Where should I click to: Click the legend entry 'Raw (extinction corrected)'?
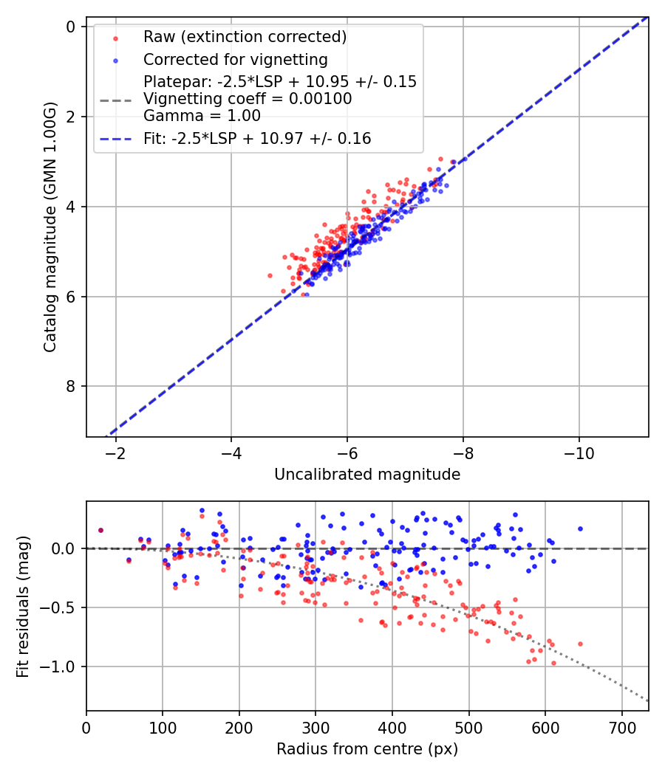click(x=245, y=37)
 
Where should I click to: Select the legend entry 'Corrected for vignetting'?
click(x=235, y=59)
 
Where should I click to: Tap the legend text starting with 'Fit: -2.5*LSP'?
click(x=257, y=138)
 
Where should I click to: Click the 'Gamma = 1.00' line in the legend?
click(x=202, y=115)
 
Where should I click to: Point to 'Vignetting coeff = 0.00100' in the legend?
click(x=248, y=99)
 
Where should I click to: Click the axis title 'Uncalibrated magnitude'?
click(x=367, y=475)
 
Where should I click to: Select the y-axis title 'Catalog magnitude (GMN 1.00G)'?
click(x=50, y=227)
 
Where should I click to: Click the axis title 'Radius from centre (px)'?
click(x=367, y=749)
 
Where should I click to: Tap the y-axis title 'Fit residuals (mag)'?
click(x=23, y=607)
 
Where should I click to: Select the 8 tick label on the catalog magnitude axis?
click(x=71, y=387)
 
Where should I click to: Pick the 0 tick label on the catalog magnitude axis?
click(x=71, y=27)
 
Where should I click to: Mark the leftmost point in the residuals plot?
click(x=100, y=530)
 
